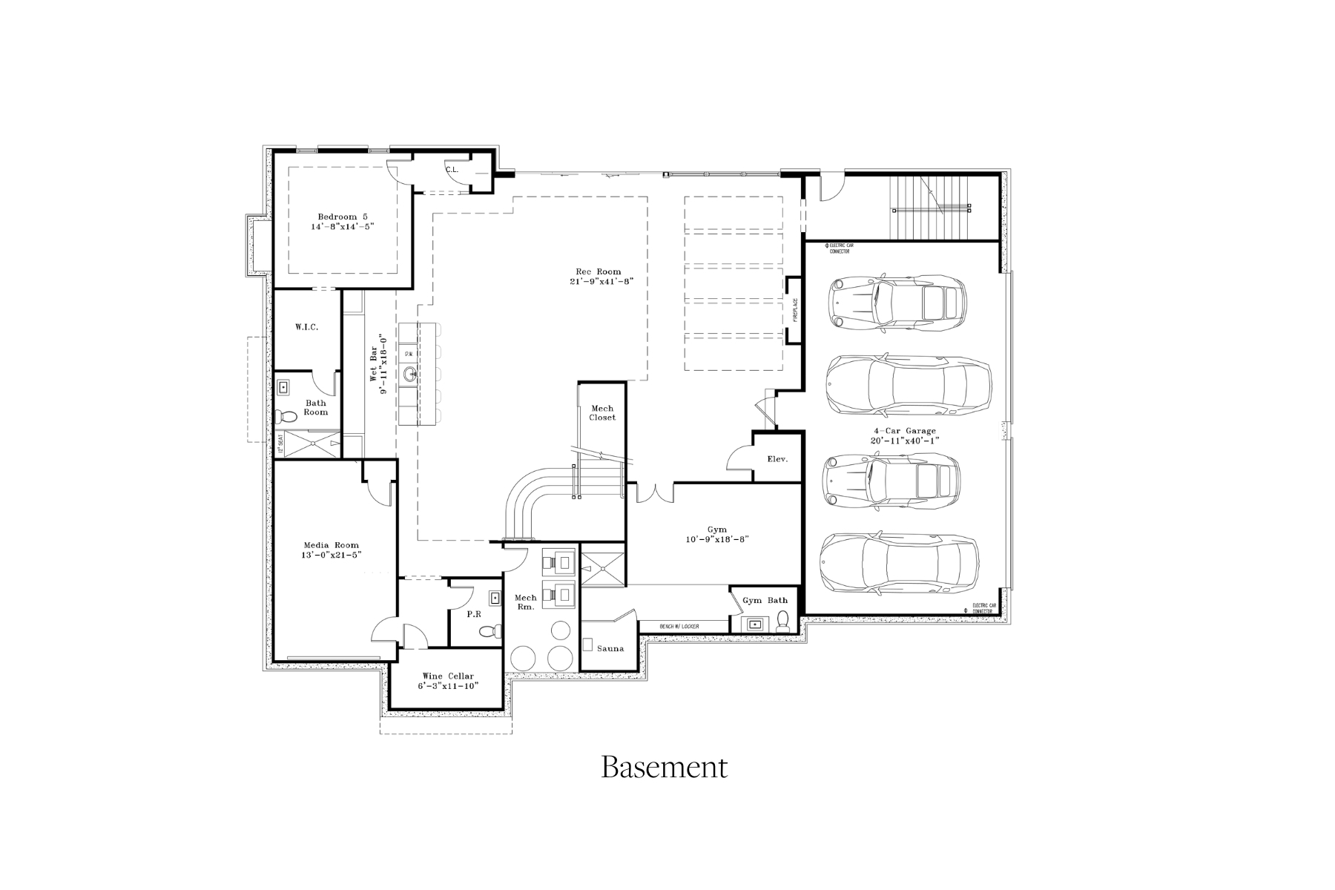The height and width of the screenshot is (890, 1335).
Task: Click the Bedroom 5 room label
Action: click(x=342, y=217)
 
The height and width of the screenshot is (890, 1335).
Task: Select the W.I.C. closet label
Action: click(x=306, y=327)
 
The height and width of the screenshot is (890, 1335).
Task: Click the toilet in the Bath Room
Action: click(x=283, y=416)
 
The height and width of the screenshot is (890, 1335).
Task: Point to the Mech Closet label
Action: click(x=602, y=413)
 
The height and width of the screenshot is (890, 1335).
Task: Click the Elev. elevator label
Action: click(x=777, y=459)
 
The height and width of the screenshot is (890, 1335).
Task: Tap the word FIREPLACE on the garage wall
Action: click(x=795, y=310)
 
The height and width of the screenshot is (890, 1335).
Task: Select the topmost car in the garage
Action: click(x=897, y=302)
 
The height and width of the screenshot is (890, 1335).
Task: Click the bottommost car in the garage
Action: click(x=898, y=563)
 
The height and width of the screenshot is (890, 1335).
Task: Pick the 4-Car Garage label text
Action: click(x=905, y=431)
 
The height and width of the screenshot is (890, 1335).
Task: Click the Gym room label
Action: click(x=716, y=530)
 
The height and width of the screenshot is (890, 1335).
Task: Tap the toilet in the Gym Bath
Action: click(x=782, y=625)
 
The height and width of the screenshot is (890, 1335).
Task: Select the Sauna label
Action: click(x=610, y=648)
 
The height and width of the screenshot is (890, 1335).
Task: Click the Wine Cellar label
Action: click(x=448, y=676)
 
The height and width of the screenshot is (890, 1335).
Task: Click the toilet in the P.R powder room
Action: click(x=487, y=631)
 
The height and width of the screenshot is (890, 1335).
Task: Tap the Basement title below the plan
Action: click(x=664, y=767)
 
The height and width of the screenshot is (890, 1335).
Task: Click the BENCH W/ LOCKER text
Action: click(x=679, y=627)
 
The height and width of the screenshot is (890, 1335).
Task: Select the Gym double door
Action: click(x=650, y=492)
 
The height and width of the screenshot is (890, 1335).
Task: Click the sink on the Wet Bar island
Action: click(x=410, y=375)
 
